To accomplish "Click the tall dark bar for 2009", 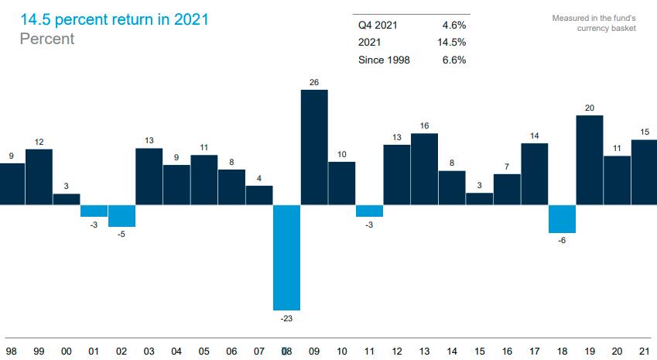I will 314,148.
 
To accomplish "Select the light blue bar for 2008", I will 286,258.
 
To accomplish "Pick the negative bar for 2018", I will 563,219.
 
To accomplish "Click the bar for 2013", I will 424,170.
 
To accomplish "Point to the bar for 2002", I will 121,216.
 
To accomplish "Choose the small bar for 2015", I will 479,199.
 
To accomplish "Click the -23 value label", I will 286,317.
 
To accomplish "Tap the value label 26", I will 314,82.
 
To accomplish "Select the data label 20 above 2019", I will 590,108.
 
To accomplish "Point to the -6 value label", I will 563,240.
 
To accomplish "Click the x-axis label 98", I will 11,351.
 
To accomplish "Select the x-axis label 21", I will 645,351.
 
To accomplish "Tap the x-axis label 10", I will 341,351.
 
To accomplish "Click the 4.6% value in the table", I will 453,26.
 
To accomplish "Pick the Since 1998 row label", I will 384,60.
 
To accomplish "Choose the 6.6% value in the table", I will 453,60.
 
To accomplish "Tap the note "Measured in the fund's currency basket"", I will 594,23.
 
